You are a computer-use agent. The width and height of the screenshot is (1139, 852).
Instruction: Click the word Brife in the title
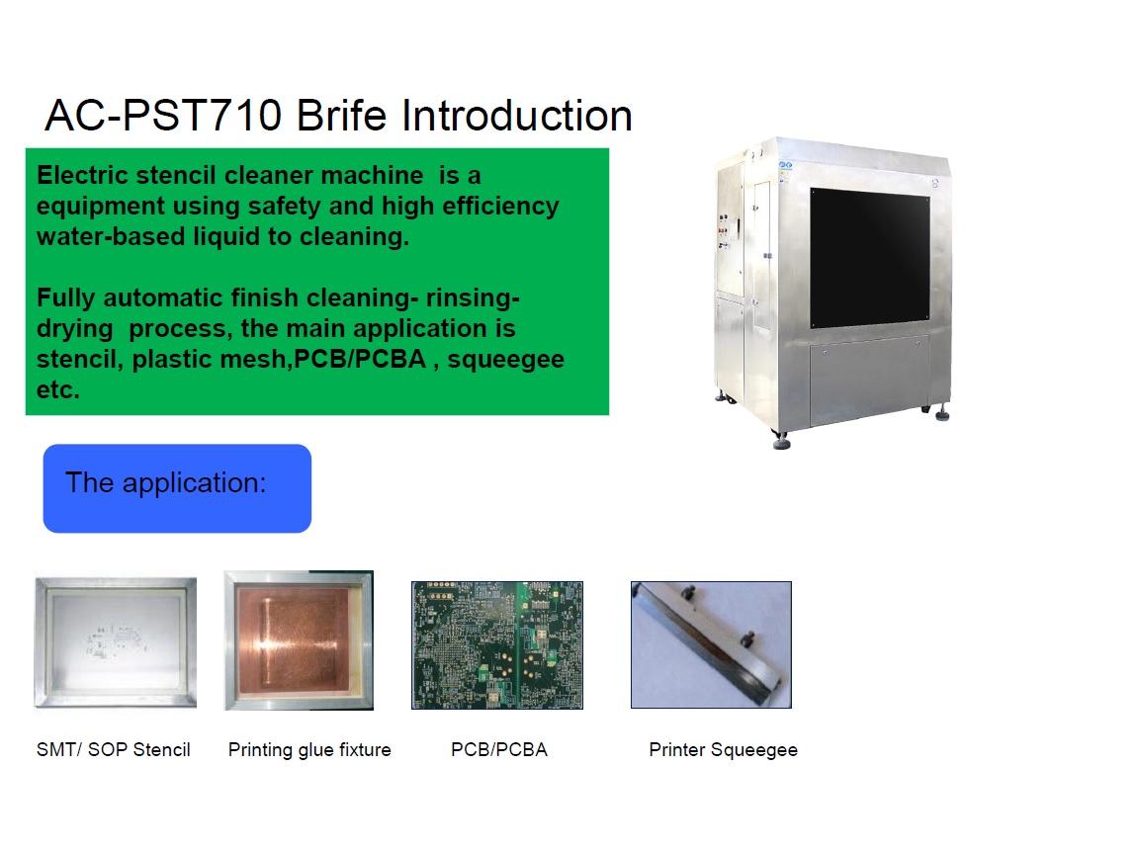pos(341,116)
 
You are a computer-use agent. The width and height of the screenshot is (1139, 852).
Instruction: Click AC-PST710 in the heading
pos(163,116)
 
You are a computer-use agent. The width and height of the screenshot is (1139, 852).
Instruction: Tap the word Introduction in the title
pos(516,116)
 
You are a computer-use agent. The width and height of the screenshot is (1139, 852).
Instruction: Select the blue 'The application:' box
pos(177,488)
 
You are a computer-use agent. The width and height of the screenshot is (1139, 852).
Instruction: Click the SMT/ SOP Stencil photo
pos(116,642)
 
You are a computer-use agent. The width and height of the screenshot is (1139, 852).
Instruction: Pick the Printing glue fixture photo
pos(299,640)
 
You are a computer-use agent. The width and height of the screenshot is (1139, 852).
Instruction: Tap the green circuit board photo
pos(497,645)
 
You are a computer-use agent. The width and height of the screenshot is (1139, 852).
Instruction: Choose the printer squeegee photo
pos(711,644)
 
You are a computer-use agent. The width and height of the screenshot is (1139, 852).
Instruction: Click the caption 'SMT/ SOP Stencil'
pos(114,749)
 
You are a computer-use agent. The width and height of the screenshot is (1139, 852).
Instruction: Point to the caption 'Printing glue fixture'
pos(309,750)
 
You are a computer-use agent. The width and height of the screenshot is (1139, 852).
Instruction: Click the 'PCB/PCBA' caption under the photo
pos(499,749)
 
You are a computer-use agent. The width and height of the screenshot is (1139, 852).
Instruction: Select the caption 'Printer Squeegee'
pos(724,750)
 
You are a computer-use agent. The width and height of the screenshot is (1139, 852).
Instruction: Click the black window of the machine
pos(870,258)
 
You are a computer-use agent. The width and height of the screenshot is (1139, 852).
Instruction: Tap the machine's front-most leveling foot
pos(782,441)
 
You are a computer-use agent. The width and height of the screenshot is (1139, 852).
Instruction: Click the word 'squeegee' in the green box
pos(505,360)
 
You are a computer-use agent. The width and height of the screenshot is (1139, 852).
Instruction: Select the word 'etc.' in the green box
pos(58,390)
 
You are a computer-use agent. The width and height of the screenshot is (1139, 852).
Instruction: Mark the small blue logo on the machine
pos(785,166)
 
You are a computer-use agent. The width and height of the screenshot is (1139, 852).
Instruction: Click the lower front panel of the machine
pos(869,380)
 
